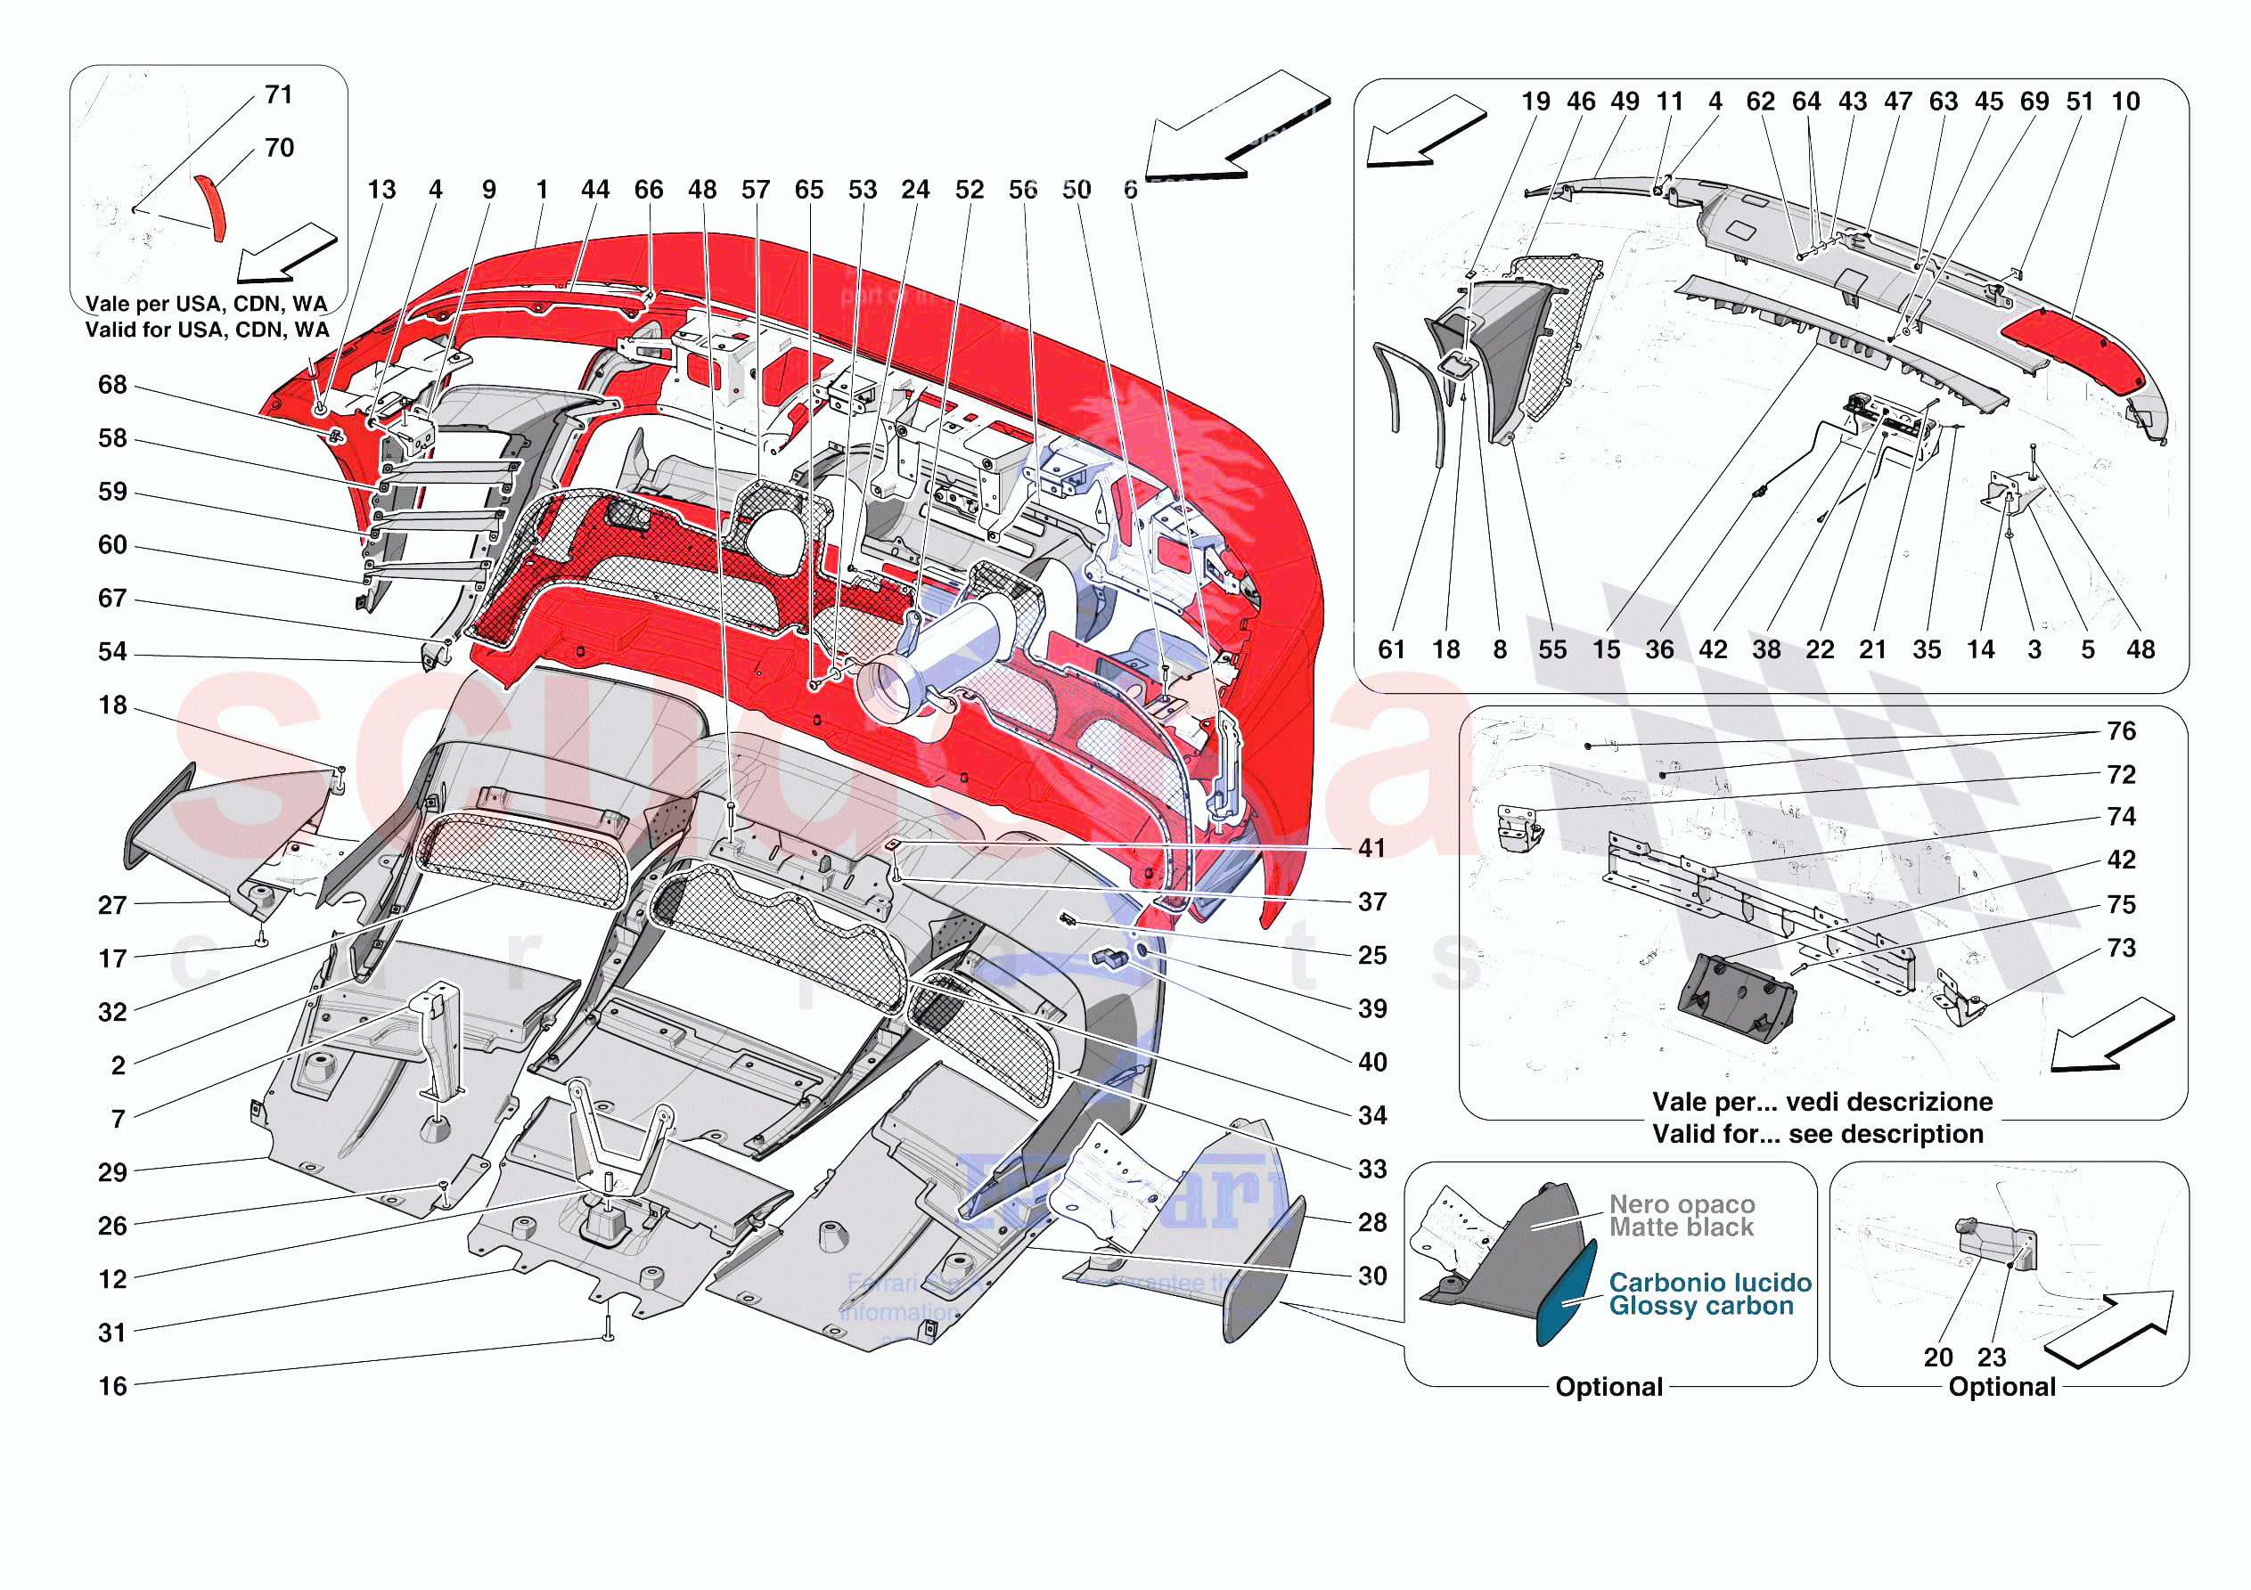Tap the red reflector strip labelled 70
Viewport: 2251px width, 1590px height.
(x=212, y=207)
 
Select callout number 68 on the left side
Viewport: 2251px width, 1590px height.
(x=113, y=385)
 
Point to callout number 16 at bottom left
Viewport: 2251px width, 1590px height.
(x=113, y=1386)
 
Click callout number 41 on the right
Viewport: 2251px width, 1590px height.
(x=1371, y=849)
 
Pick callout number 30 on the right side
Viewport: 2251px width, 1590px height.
(x=1371, y=1276)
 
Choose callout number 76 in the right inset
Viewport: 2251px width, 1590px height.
(x=2121, y=731)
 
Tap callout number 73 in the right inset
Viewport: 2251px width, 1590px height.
(x=2121, y=949)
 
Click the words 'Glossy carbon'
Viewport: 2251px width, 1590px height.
(x=1701, y=1307)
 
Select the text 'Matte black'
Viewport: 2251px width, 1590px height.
(x=1681, y=1227)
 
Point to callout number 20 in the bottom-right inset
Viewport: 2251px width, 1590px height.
(x=1938, y=1358)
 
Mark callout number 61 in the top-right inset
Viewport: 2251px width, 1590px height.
(x=1391, y=650)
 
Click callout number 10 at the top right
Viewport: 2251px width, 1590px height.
(x=2125, y=102)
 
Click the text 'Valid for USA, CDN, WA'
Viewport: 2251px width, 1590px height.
(x=207, y=330)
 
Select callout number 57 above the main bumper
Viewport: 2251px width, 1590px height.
(x=755, y=190)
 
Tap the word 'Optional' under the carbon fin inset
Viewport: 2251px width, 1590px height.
(x=1608, y=1387)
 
